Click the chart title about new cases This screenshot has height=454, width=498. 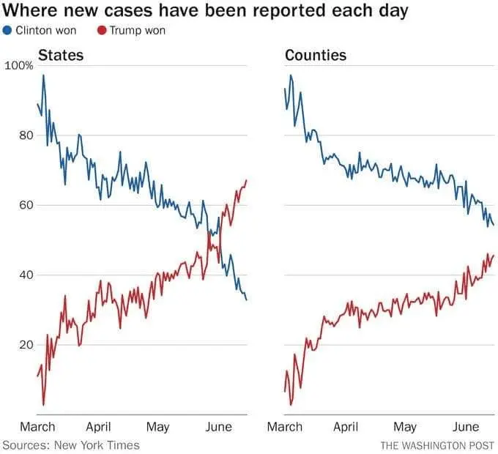click(x=205, y=12)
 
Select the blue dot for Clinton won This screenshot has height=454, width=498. click(x=8, y=31)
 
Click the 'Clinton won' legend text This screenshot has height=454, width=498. click(x=45, y=31)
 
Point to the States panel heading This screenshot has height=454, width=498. click(x=60, y=55)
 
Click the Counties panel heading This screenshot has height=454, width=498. click(x=316, y=55)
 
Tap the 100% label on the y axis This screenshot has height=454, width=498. click(x=19, y=66)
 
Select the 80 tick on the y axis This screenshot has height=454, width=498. click(x=26, y=135)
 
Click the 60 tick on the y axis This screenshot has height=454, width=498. click(x=26, y=205)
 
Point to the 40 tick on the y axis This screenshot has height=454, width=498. click(x=26, y=275)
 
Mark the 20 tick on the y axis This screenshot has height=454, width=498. click(x=26, y=345)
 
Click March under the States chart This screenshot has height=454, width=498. click(x=37, y=427)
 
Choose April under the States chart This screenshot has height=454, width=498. click(x=98, y=427)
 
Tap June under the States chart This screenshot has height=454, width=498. click(x=219, y=427)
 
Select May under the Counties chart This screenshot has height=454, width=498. click(x=404, y=427)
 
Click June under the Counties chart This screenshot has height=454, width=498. click(x=466, y=427)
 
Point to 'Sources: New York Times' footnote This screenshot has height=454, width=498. click(x=71, y=444)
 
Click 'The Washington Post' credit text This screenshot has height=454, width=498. click(x=437, y=444)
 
